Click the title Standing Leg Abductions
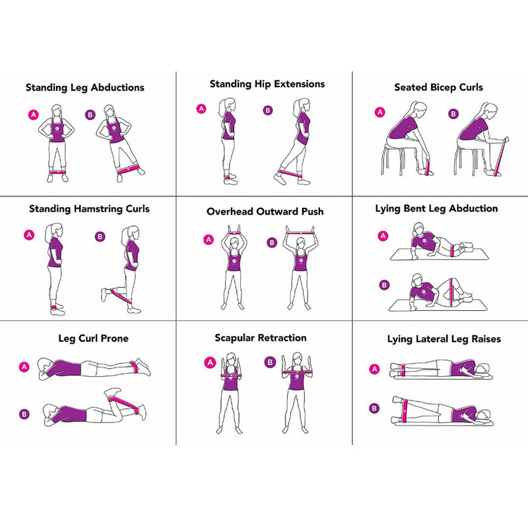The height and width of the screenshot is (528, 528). point(84,87)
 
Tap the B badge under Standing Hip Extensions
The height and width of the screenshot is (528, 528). point(267,110)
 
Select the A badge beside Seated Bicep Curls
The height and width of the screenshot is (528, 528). point(379,112)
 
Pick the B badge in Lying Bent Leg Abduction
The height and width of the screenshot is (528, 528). point(383,285)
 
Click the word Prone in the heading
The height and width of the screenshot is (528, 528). point(115,339)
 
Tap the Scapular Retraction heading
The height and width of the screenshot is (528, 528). point(260,338)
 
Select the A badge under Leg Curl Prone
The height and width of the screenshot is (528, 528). point(24,366)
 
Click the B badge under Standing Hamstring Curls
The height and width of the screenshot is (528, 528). point(100,236)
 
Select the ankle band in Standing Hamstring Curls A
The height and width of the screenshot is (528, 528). point(53,308)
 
